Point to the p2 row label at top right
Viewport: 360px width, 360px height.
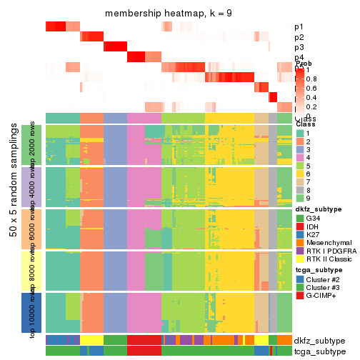coord(299,37)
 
